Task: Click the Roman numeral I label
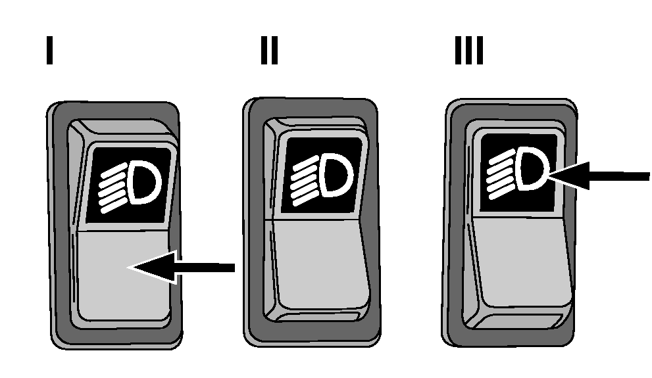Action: point(49,50)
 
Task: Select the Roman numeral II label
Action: point(269,50)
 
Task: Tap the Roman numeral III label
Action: point(468,50)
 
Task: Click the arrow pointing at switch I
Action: point(182,268)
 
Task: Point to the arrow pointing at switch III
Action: point(598,176)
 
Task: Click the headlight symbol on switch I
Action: point(129,185)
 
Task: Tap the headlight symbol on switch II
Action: point(322,179)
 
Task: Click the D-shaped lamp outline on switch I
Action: point(144,183)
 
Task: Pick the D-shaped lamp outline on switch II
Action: point(337,176)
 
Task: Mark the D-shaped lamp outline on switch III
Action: point(533,168)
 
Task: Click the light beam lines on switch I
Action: point(113,188)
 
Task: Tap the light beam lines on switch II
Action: point(306,181)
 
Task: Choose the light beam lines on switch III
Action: point(501,174)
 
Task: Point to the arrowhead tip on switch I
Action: point(129,268)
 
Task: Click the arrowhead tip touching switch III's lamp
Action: point(547,177)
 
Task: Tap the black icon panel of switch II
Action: point(322,176)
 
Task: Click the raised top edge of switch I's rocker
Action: point(122,127)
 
